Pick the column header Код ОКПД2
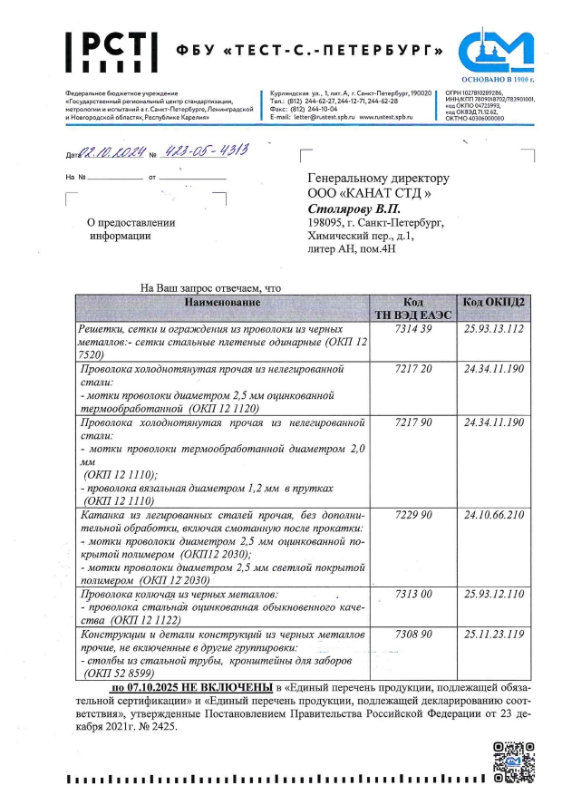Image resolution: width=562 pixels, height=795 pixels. tap(493, 301)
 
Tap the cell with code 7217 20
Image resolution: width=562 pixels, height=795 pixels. tap(412, 371)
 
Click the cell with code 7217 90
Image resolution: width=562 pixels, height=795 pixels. tap(412, 423)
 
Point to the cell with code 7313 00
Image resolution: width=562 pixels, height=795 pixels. tap(412, 594)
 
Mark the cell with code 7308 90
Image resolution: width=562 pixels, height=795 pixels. tap(412, 635)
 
